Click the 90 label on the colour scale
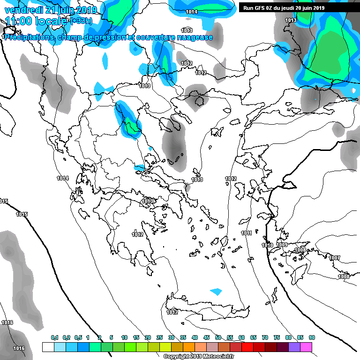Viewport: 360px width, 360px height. (312, 337)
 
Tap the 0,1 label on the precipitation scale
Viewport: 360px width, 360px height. (54, 337)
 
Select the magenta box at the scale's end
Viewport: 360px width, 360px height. (306, 347)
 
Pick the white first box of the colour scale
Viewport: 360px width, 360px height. (48, 347)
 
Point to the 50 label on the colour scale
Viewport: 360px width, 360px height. (218, 337)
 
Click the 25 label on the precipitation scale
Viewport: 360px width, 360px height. (159, 337)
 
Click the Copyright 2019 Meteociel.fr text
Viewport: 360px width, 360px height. (193, 356)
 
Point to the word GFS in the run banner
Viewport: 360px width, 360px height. (261, 7)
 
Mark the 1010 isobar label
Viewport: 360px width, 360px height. (267, 245)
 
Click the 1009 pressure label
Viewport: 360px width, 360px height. (282, 245)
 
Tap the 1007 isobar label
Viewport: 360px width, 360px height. (334, 258)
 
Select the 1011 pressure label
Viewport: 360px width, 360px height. (247, 233)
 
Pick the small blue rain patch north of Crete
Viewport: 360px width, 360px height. (216, 292)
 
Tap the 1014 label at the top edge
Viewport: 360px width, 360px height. (191, 12)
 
